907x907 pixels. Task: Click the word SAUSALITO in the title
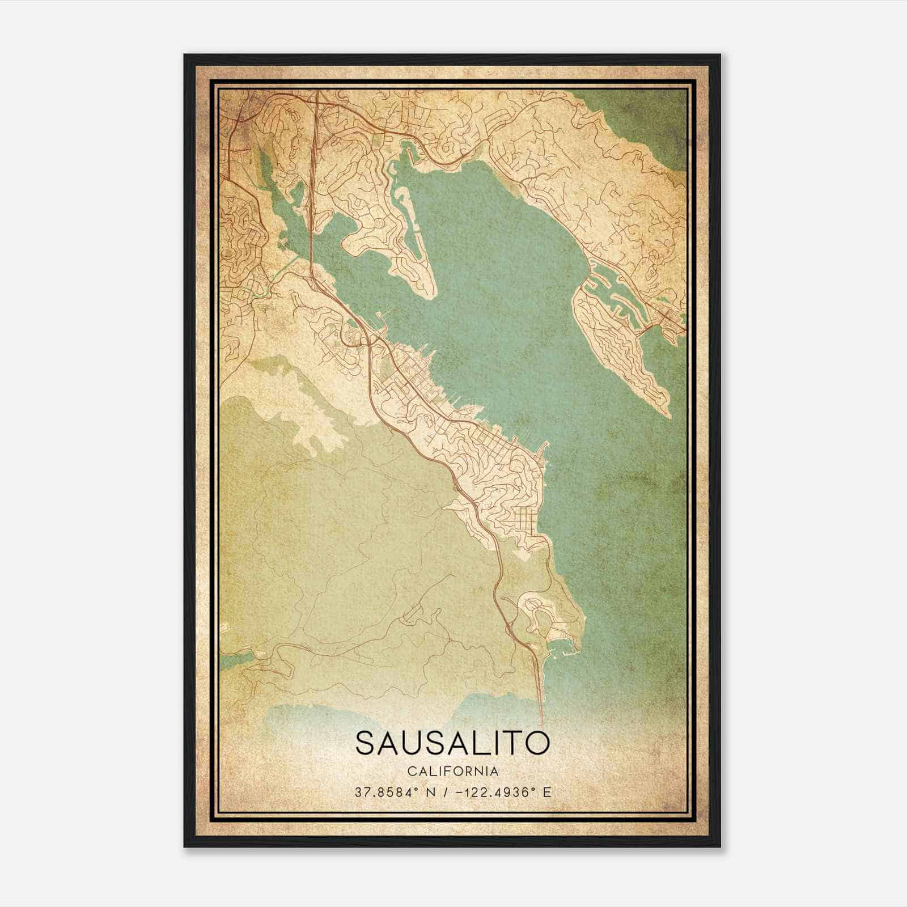click(x=452, y=743)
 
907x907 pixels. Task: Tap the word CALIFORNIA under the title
click(x=452, y=772)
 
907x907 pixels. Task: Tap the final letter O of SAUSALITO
click(x=537, y=743)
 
